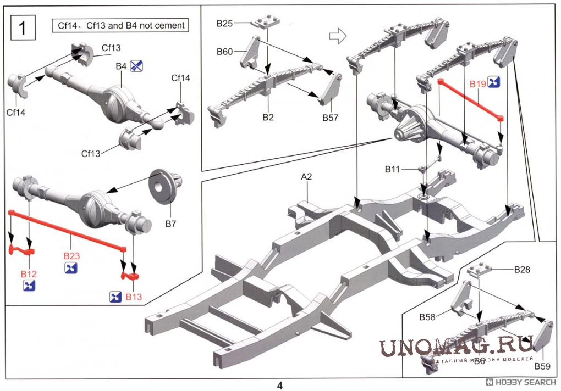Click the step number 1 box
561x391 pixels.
[22, 28]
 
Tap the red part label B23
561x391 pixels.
[72, 256]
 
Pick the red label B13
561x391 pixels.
[134, 297]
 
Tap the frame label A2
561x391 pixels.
[306, 177]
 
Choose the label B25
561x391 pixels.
[225, 24]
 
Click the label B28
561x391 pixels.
[522, 270]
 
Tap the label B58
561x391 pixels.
[427, 317]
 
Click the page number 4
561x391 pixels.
[280, 384]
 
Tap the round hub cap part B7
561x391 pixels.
[165, 186]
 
